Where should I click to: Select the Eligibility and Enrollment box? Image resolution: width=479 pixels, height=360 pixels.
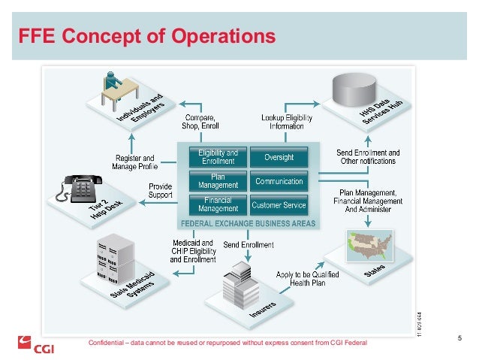pyautogui.click(x=217, y=157)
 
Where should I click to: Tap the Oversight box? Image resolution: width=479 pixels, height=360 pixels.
pyautogui.click(x=279, y=157)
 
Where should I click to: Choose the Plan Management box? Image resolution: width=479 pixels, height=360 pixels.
pyautogui.click(x=217, y=180)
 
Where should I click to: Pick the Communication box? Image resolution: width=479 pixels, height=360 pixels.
pyautogui.click(x=279, y=181)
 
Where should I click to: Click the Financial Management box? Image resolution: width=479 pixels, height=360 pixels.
pyautogui.click(x=217, y=204)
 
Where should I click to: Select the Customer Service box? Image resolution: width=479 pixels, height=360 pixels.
pyautogui.click(x=279, y=204)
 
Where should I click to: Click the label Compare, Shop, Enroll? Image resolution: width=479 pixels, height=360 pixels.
pyautogui.click(x=200, y=123)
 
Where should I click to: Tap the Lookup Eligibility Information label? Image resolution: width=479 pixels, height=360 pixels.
pyautogui.click(x=287, y=123)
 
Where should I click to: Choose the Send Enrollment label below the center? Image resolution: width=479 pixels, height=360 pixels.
pyautogui.click(x=249, y=245)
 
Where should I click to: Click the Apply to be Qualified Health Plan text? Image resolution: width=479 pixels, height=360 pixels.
pyautogui.click(x=308, y=277)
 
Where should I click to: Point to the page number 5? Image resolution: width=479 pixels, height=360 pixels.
pyautogui.click(x=459, y=337)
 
